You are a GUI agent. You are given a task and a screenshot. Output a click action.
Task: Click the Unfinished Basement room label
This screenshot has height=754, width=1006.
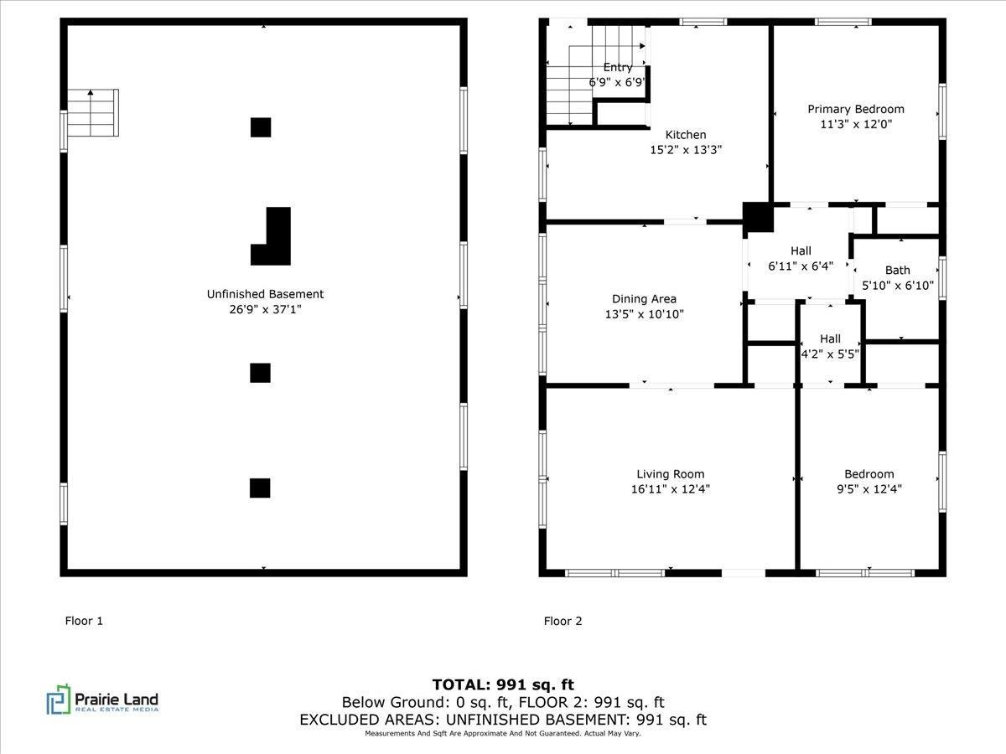pos(265,294)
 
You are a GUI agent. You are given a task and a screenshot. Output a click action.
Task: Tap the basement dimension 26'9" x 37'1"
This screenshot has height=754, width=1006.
pos(265,309)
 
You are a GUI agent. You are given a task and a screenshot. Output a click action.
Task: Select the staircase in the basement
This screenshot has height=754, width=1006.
pos(92,113)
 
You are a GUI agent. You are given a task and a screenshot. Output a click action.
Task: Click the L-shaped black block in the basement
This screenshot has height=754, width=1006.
pos(274,236)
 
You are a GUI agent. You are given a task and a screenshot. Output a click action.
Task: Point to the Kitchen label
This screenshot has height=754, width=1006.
pos(686,135)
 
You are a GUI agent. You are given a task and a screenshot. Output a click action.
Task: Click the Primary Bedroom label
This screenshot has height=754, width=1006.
pos(856,109)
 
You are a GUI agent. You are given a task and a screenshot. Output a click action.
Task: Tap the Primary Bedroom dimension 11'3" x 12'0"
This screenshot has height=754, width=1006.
pos(856,124)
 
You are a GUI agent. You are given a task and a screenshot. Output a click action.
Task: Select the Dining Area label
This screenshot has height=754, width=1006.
pos(644,299)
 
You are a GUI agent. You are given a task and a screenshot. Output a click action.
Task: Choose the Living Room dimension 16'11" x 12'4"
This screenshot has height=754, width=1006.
pos(670,489)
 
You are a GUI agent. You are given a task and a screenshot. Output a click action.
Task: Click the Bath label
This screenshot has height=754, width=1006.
pos(898,271)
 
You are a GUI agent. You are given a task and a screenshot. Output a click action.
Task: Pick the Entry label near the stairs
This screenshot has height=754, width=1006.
pos(618,68)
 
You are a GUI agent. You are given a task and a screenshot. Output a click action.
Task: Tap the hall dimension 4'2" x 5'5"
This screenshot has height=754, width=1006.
pos(830,354)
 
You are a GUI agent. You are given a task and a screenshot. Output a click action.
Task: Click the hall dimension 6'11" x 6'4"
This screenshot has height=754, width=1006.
pos(801,266)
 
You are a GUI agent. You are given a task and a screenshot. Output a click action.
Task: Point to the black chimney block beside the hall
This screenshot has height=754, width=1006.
pos(759,217)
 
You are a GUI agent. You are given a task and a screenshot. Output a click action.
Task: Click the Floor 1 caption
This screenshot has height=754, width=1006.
pos(84,621)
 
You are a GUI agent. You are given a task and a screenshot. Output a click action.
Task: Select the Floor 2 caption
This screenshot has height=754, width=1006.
pos(563,621)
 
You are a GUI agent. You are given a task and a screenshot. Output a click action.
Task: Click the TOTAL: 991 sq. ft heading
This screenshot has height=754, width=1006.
pos(503,684)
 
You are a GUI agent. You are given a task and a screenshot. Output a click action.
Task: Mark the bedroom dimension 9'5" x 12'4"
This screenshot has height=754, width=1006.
pos(869,489)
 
